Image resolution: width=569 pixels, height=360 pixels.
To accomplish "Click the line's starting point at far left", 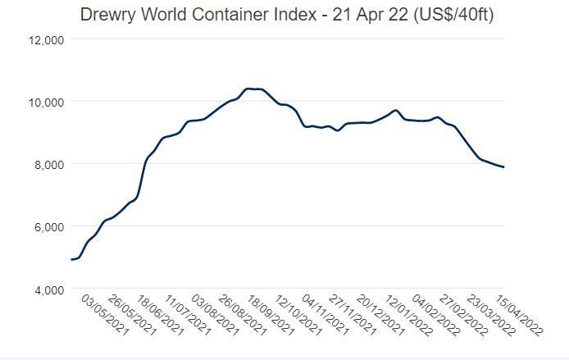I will pyautogui.click(x=72, y=259).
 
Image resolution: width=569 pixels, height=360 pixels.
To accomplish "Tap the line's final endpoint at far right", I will pyautogui.click(x=503, y=167).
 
